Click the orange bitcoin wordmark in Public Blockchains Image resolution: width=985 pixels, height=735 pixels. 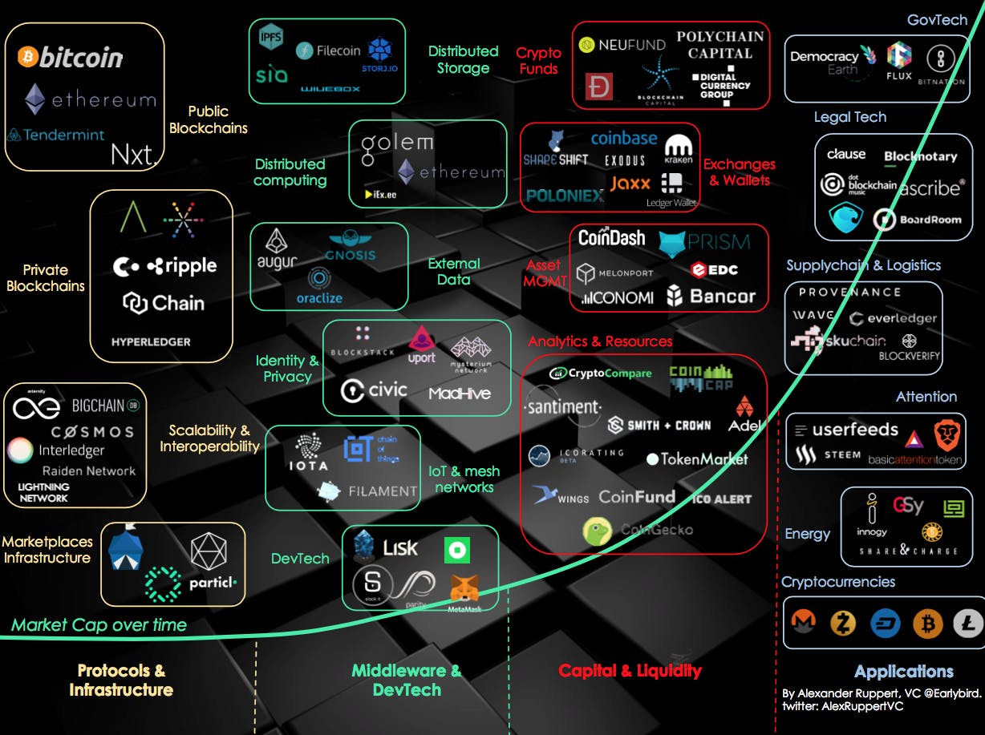[71, 57]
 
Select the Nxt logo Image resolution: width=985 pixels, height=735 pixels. [132, 154]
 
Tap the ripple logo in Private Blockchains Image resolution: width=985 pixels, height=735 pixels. [181, 266]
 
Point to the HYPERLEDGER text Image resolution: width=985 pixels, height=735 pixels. [151, 341]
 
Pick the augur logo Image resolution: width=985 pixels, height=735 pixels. [278, 250]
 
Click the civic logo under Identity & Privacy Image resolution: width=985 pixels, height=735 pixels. [374, 390]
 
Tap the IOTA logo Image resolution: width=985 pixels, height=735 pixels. [309, 453]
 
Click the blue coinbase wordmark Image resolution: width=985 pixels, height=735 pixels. [623, 138]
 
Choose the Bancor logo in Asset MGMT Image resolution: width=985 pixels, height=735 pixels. [711, 297]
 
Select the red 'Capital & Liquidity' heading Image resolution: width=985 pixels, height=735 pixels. [630, 671]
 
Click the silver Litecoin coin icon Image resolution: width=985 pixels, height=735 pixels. [967, 623]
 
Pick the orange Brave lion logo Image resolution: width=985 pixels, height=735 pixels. [947, 435]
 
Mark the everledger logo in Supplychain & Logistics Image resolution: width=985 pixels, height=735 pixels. [892, 318]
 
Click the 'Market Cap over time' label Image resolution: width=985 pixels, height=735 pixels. [99, 625]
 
